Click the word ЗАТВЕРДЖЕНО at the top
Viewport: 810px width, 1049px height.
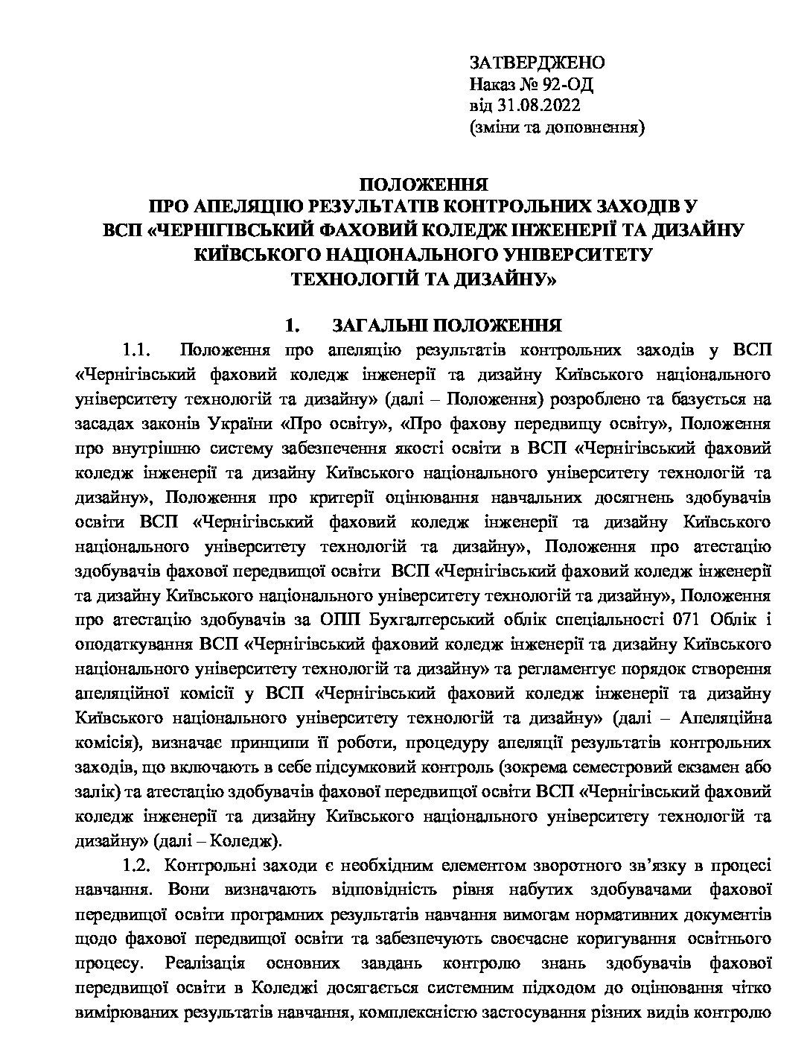[x=537, y=62]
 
